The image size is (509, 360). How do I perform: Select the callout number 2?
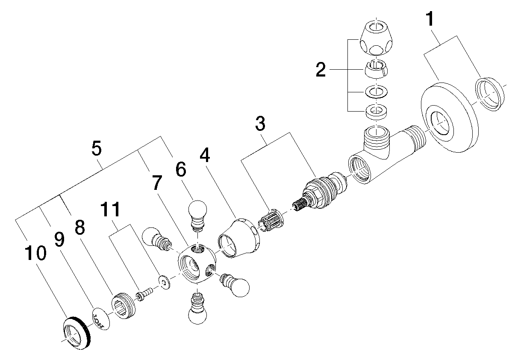321,69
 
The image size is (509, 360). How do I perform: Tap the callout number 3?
260,124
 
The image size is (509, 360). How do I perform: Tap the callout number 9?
59,240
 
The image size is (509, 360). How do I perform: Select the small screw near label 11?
144,294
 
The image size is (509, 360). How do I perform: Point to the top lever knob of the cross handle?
197,211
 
